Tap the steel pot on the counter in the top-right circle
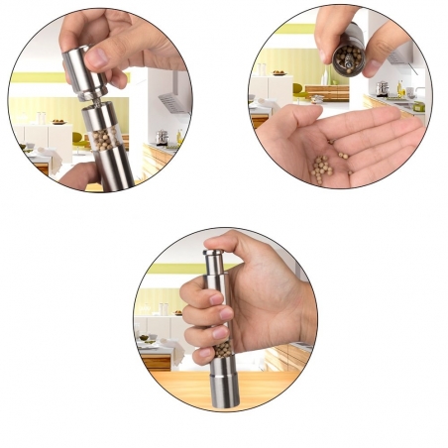point(382,88)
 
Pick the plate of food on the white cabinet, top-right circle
point(279,72)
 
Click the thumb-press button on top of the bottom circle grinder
point(212,253)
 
